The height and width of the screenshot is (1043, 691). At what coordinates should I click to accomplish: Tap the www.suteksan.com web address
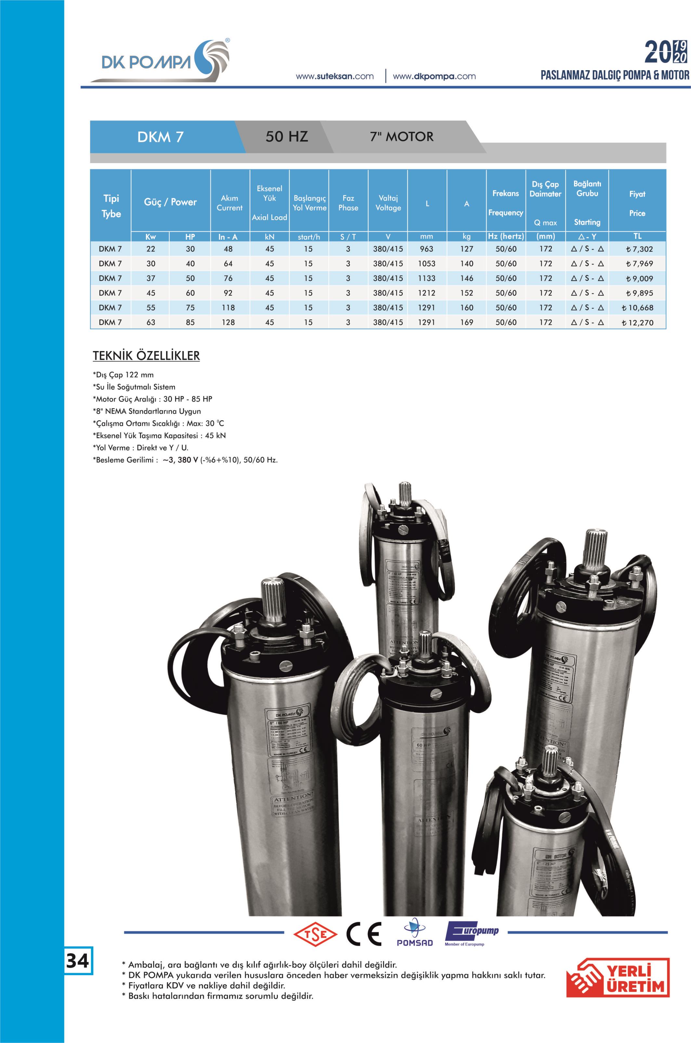(x=334, y=76)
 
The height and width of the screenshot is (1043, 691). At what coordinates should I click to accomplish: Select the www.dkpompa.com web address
(x=434, y=76)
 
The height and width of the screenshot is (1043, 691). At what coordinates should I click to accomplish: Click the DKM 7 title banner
(x=161, y=137)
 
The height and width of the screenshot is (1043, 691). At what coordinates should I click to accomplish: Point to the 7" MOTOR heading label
(x=401, y=137)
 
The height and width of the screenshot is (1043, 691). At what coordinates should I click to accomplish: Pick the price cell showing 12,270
(x=638, y=323)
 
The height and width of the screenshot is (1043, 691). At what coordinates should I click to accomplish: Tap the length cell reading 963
(x=426, y=249)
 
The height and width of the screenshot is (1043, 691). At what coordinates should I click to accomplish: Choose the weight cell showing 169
(x=467, y=323)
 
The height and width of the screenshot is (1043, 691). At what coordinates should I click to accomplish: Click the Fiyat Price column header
(x=637, y=203)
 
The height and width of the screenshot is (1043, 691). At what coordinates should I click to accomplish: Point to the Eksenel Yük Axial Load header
(x=269, y=203)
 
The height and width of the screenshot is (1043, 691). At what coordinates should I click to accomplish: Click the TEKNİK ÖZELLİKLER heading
(x=146, y=356)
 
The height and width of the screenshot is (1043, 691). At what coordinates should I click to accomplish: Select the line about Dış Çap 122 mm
(x=124, y=375)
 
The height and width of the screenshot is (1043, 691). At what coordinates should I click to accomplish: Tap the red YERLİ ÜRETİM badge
(x=618, y=984)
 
